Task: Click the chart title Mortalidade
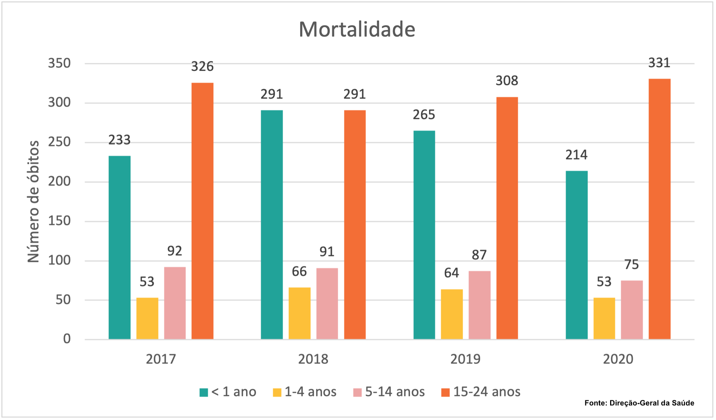pos(357,29)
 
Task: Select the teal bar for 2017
pos(119,247)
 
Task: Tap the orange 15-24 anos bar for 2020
pos(659,209)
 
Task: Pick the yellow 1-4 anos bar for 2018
pos(299,313)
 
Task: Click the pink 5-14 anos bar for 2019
pos(479,305)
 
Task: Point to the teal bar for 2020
pos(577,255)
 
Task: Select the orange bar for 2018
pos(355,224)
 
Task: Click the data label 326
pos(202,66)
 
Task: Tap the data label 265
pos(424,115)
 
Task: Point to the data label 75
pos(632,264)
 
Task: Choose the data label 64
pos(451,273)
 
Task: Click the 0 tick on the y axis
pos(67,339)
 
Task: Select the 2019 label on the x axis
pos(465,359)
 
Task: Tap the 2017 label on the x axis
pos(161,359)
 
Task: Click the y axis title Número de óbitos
pos(33,201)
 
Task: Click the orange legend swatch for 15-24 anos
pos(445,393)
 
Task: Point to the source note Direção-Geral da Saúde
pos(639,403)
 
